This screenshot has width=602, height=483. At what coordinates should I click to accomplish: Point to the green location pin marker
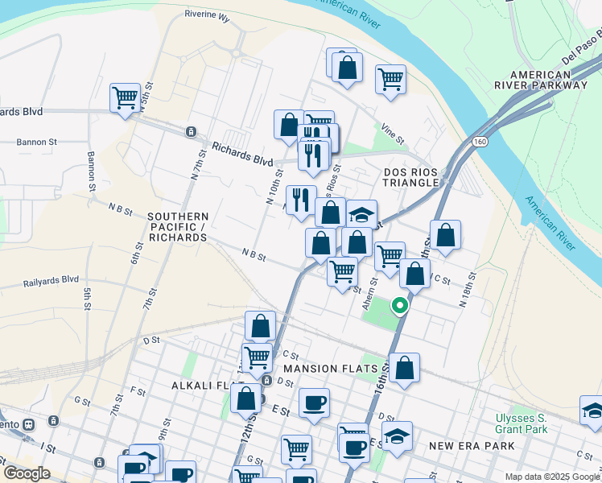tap(399, 306)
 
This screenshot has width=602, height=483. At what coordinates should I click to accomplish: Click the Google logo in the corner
tap(26, 473)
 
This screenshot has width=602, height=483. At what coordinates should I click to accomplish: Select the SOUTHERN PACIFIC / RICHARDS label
tap(178, 227)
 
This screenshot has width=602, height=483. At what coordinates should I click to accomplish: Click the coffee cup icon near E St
tap(314, 402)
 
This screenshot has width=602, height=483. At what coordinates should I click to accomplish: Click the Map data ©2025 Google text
tap(552, 477)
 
